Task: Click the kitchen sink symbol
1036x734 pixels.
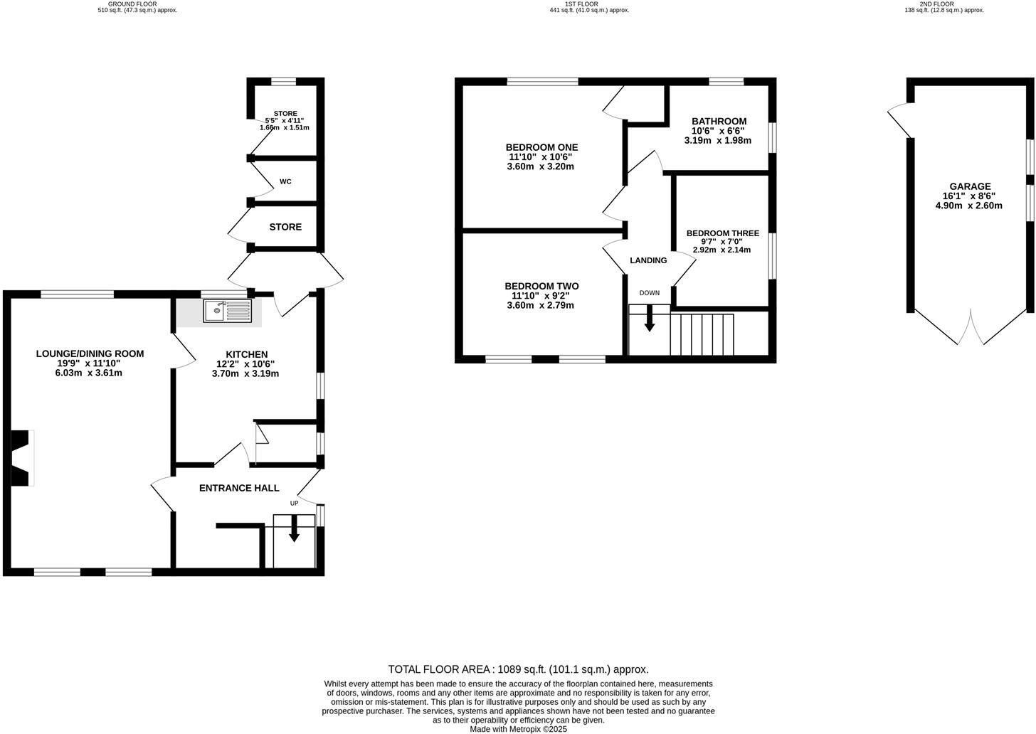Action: point(227,311)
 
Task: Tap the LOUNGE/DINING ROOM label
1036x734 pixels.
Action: point(90,353)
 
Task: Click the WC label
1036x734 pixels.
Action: point(285,182)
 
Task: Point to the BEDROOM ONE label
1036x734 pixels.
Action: point(541,147)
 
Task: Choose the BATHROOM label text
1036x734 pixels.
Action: point(719,122)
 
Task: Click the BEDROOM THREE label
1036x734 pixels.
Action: point(722,233)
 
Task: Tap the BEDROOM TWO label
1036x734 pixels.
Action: point(541,286)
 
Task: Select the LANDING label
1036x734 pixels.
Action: point(648,260)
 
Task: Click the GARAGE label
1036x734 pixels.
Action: point(968,186)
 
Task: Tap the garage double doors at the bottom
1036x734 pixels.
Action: point(970,328)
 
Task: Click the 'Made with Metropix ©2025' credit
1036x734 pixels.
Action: point(518,729)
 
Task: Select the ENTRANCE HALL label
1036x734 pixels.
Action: point(239,488)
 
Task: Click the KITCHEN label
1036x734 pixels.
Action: point(246,354)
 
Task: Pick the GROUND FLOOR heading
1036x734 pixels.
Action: point(137,4)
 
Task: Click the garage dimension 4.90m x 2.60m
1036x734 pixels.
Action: point(968,206)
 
